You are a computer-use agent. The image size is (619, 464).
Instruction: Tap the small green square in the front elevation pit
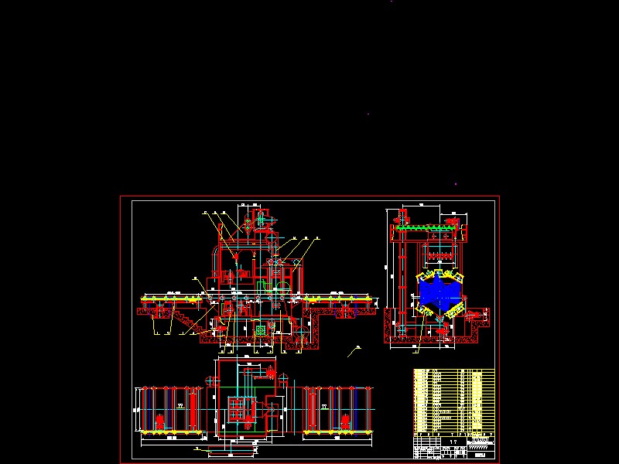tap(260, 329)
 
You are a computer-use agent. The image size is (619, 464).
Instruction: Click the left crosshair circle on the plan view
tap(211, 380)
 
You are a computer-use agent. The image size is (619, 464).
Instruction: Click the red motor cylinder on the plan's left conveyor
tap(159, 421)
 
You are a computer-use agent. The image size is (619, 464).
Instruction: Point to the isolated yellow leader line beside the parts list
tap(354, 350)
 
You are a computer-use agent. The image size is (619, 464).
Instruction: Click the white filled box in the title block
tap(480, 455)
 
